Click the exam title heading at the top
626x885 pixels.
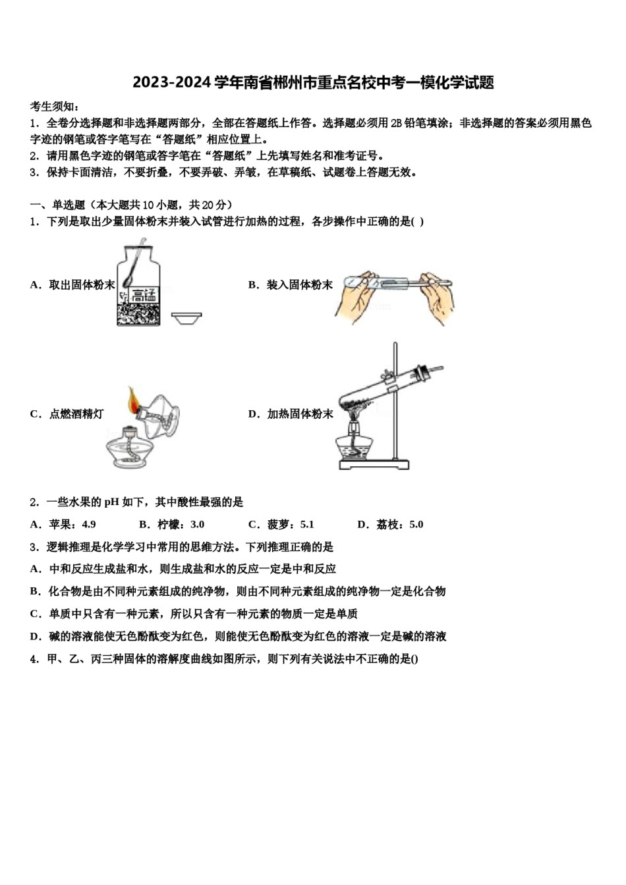[x=313, y=83]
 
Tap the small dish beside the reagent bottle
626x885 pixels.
[x=186, y=319]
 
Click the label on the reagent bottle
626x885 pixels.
[x=143, y=295]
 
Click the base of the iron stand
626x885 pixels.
[x=373, y=464]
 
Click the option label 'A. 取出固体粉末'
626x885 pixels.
[x=72, y=285]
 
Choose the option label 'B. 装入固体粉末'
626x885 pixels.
[x=291, y=285]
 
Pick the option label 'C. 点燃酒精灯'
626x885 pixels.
[x=67, y=414]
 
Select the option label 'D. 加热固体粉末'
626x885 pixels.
[x=291, y=414]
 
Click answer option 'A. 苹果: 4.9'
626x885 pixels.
[x=63, y=525]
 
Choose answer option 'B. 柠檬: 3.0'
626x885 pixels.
[x=172, y=525]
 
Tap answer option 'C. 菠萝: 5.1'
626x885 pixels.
[x=281, y=525]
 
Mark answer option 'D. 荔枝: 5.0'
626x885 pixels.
[x=390, y=525]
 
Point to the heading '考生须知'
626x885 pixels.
[x=55, y=107]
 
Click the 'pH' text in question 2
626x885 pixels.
[x=111, y=502]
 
